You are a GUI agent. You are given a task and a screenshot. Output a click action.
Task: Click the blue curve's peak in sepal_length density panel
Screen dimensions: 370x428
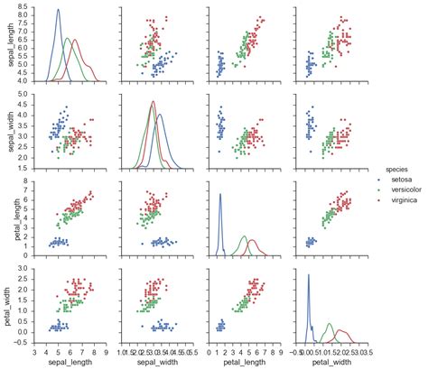pyautogui.click(x=58, y=10)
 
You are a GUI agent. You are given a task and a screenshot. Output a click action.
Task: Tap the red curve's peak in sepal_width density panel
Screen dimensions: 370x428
pyautogui.click(x=154, y=101)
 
